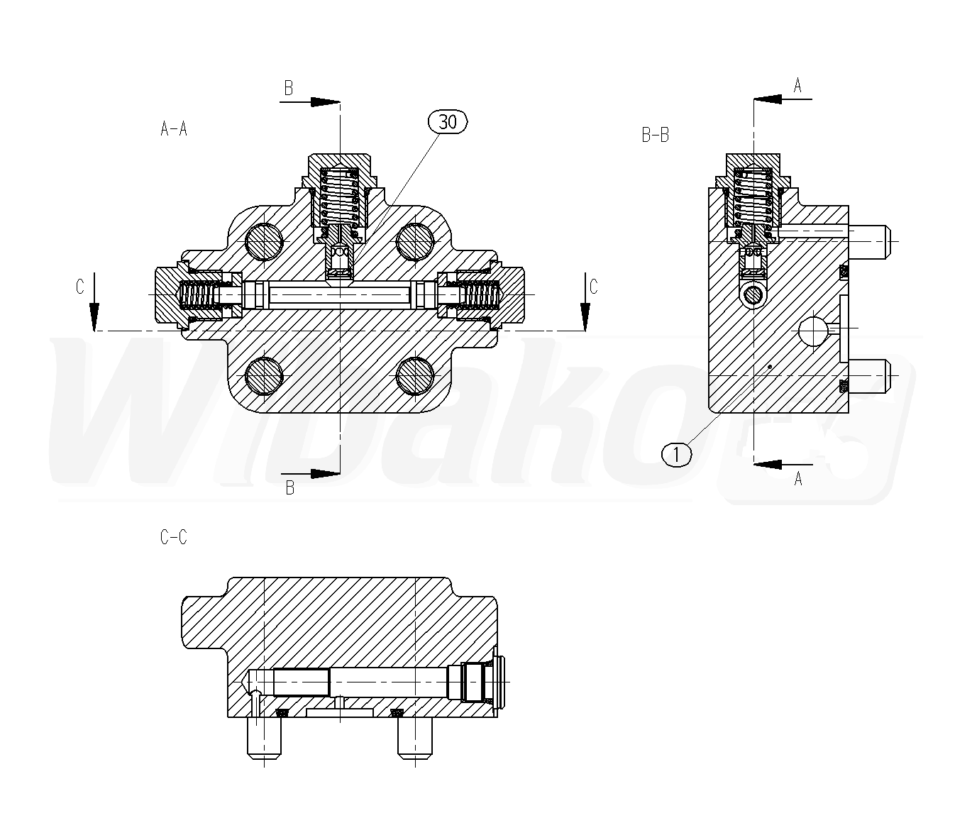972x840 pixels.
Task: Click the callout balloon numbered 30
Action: coord(447,122)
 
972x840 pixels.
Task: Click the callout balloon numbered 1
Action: coord(677,455)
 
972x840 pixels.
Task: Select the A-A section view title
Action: coord(174,128)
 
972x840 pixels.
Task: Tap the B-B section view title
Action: coord(656,135)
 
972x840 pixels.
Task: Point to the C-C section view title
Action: coord(174,536)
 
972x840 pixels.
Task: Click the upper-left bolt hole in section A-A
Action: coord(264,241)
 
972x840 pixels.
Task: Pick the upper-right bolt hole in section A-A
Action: coord(415,241)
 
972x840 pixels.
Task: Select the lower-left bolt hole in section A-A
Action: coord(264,376)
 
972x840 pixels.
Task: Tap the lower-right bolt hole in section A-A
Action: coord(415,376)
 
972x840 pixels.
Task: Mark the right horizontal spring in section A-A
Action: coord(480,295)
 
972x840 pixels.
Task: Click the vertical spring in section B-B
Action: coord(753,197)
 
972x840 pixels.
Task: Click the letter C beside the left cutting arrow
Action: coord(80,287)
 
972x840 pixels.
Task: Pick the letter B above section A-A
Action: coord(289,88)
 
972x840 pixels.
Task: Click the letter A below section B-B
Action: coord(798,479)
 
